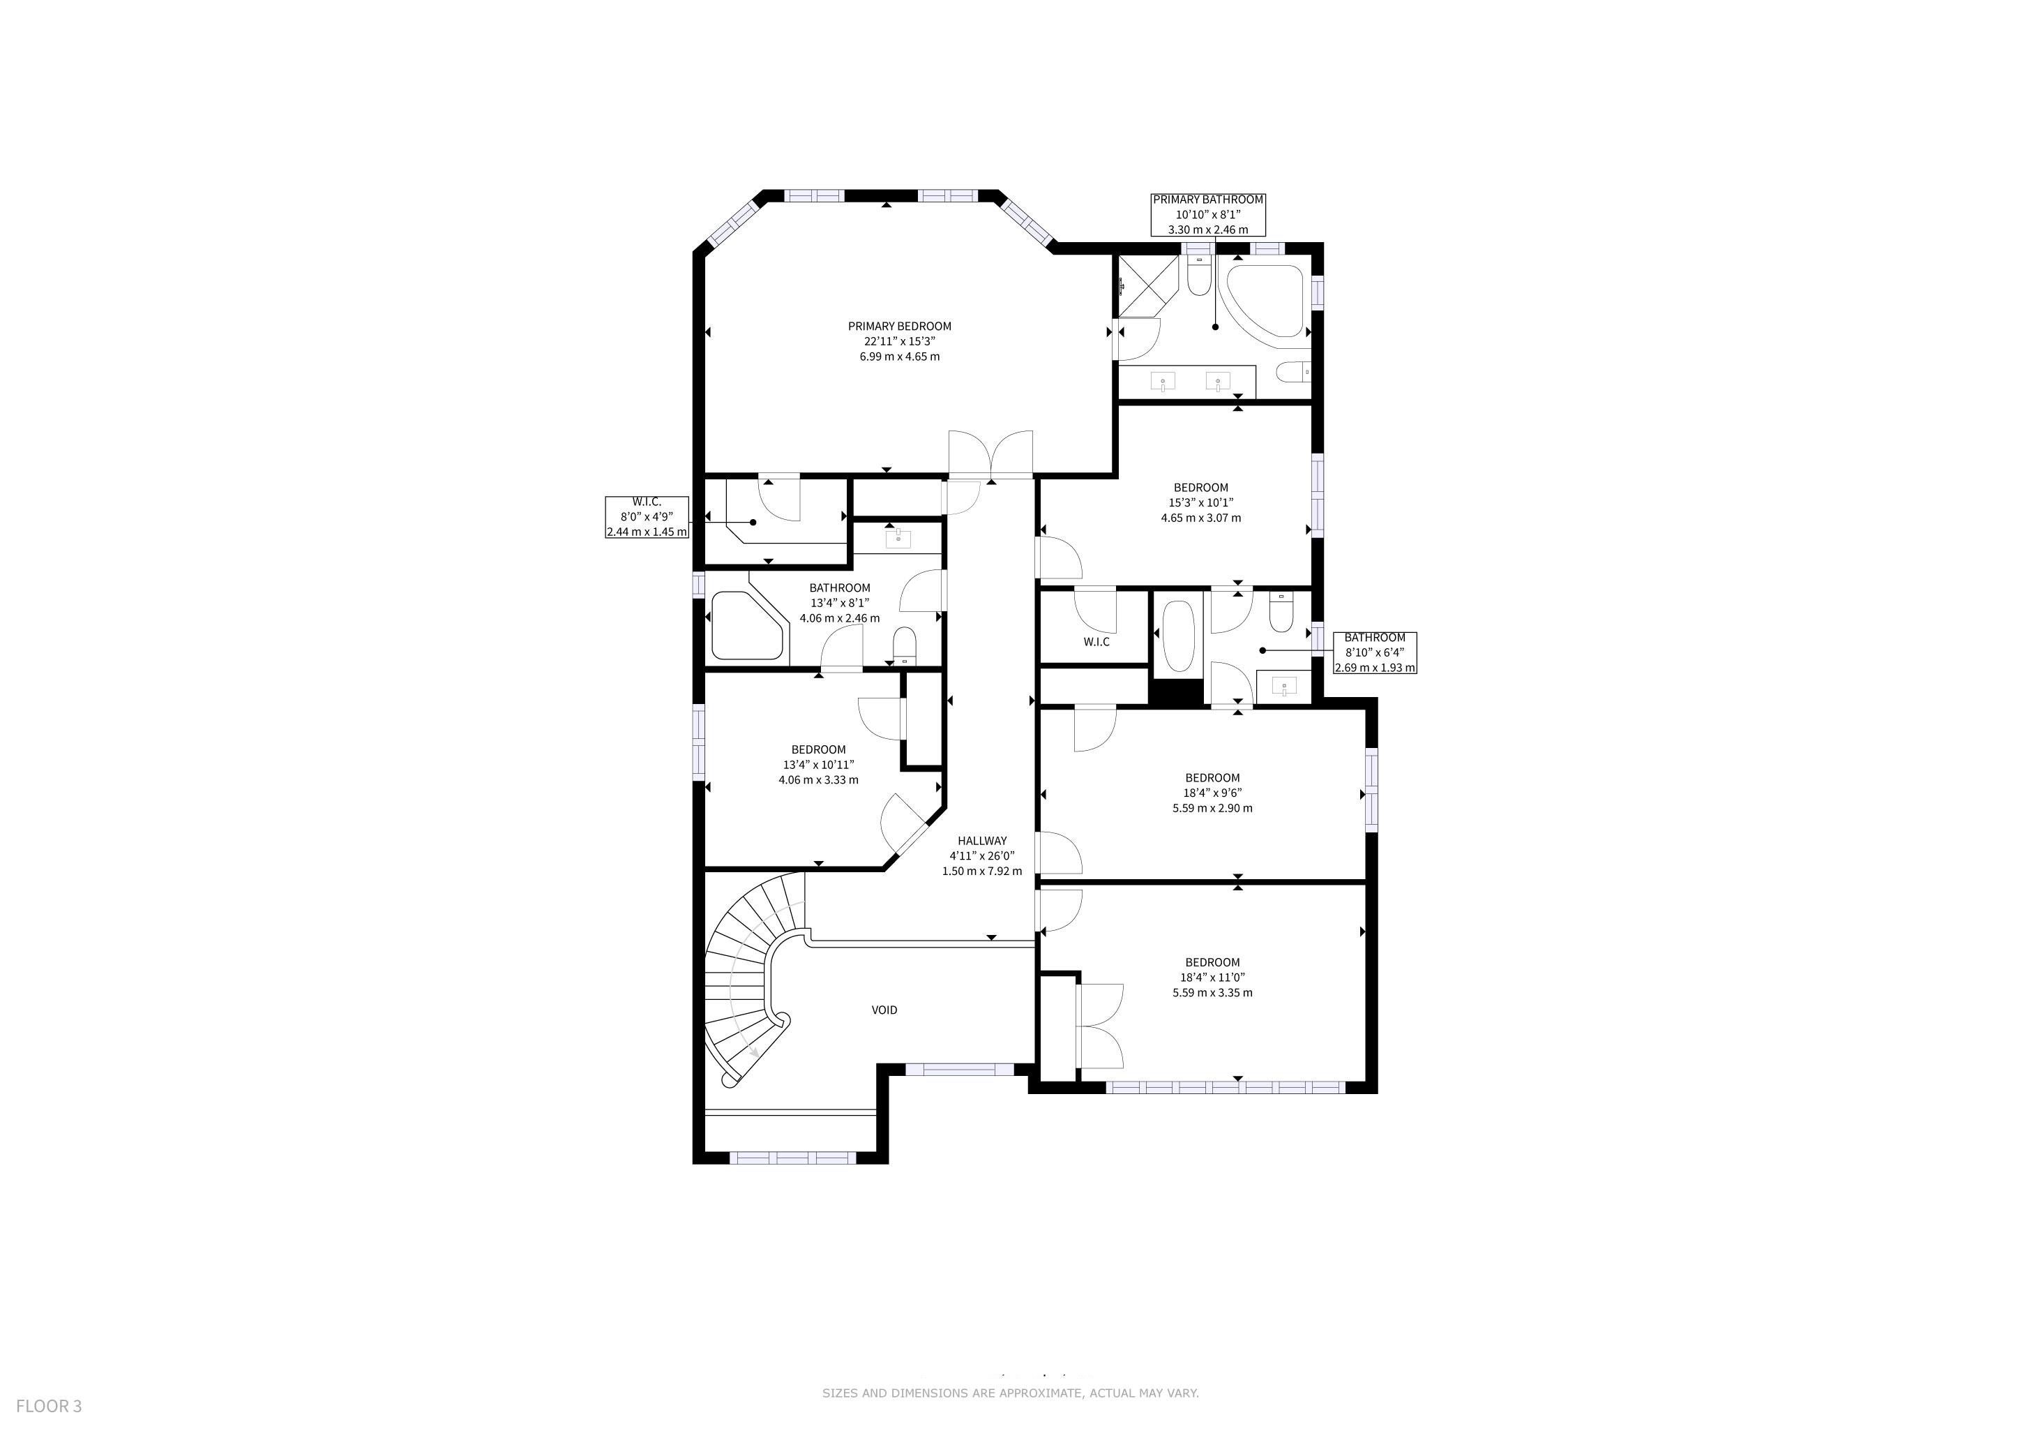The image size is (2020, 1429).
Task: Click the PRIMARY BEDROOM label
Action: click(899, 327)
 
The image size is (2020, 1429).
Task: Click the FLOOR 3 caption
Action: click(50, 1406)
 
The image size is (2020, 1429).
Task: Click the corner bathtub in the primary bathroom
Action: click(1265, 300)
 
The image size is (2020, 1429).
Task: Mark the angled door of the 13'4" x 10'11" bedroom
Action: click(903, 823)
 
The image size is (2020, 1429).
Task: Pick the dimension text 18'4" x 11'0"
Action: click(1212, 978)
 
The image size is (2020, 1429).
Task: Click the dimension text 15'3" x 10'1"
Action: click(1201, 503)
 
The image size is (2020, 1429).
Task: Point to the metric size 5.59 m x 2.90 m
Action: click(1212, 808)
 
